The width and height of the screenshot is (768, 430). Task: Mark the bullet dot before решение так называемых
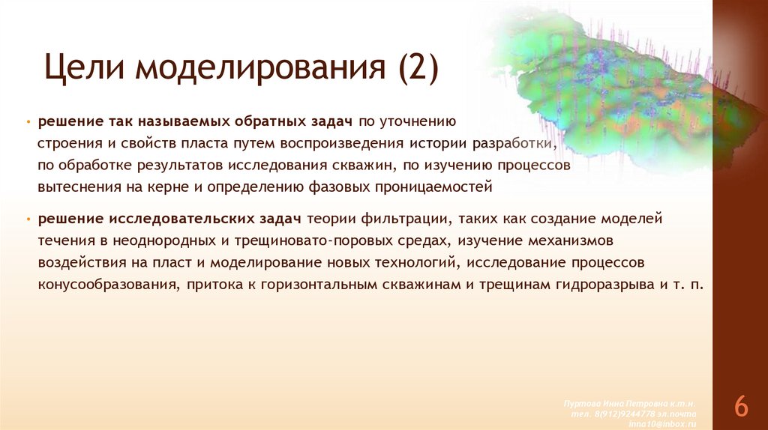click(x=28, y=121)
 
